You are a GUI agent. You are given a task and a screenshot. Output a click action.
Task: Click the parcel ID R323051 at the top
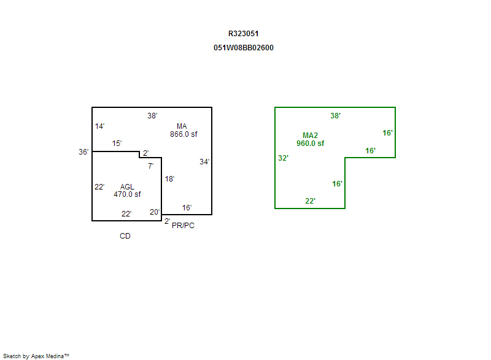coord(243,34)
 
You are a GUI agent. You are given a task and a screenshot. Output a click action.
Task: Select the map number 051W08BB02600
coord(243,48)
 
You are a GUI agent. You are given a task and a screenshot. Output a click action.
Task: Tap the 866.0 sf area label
coord(184,134)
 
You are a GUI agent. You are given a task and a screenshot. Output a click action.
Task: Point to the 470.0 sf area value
coord(127,194)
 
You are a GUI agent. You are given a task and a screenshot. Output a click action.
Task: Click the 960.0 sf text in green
coord(311,144)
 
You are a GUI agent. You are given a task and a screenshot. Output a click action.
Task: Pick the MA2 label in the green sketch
coord(310,136)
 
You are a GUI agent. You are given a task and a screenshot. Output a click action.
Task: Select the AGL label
coord(127,186)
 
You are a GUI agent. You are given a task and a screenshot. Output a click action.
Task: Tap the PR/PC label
coord(183,226)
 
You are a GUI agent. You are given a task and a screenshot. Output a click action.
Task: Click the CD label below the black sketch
coord(125,236)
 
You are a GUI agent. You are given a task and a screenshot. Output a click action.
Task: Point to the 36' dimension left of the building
coord(83,152)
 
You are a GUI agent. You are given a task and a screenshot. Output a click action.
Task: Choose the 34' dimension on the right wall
coord(204,162)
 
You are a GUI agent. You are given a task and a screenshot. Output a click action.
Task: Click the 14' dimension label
coord(99,126)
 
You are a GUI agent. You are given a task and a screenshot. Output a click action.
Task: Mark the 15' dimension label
coord(117,144)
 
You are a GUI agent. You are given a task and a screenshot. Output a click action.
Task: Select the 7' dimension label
coord(150,166)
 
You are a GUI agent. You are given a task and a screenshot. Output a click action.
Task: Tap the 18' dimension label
coord(169,179)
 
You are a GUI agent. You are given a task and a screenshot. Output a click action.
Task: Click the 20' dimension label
coord(155,212)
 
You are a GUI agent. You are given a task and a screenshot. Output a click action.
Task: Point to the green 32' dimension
coord(283,158)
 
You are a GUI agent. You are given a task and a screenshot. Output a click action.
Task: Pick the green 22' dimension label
coord(310,201)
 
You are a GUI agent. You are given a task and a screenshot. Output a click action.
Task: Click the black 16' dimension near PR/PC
coord(187,208)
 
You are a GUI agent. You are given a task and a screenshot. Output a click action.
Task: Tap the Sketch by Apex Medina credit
coord(36,356)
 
